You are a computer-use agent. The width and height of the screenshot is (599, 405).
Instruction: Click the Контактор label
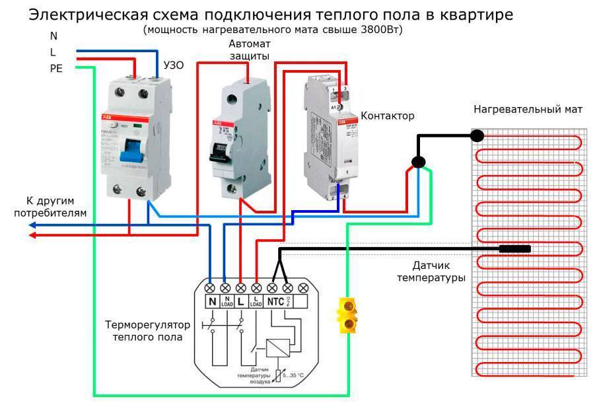pos(387,116)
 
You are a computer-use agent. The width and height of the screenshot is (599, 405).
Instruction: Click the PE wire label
pos(55,68)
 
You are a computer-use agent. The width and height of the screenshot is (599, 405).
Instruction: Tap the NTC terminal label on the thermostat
pos(277,302)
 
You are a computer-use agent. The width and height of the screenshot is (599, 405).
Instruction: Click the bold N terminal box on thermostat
pos(213,302)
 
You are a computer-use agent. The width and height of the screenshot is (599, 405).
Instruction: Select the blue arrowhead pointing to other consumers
pos(32,225)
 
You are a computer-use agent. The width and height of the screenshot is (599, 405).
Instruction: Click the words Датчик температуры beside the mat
pos(431,272)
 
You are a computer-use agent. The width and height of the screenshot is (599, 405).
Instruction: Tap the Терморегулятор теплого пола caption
pos(147,331)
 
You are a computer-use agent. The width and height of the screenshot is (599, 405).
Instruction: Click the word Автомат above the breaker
pos(250,44)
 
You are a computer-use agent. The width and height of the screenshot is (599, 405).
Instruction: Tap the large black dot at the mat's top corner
pos(477,135)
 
